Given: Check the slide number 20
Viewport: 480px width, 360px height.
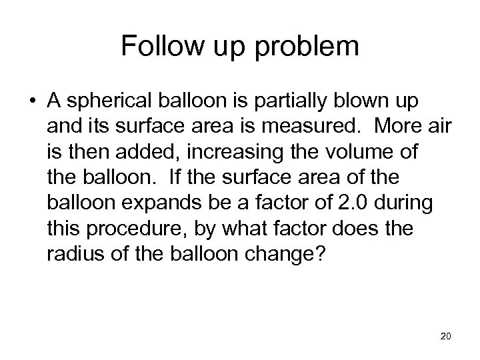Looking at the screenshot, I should [445, 337].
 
